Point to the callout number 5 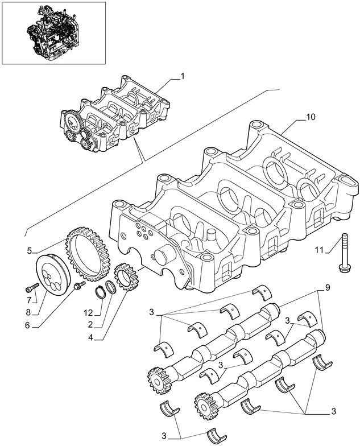pyautogui.click(x=30, y=249)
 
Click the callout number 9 pyautogui.click(x=327, y=288)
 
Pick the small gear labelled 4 pyautogui.click(x=123, y=277)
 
